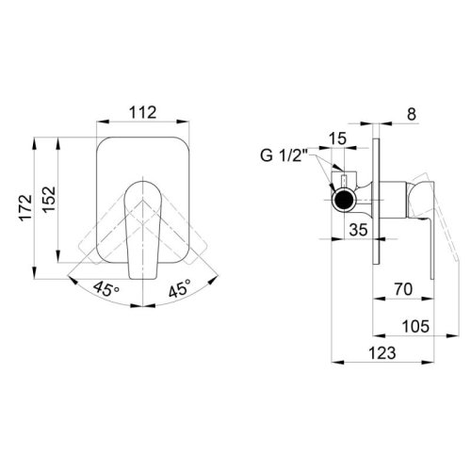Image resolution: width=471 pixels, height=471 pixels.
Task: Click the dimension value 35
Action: [x=356, y=227]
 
